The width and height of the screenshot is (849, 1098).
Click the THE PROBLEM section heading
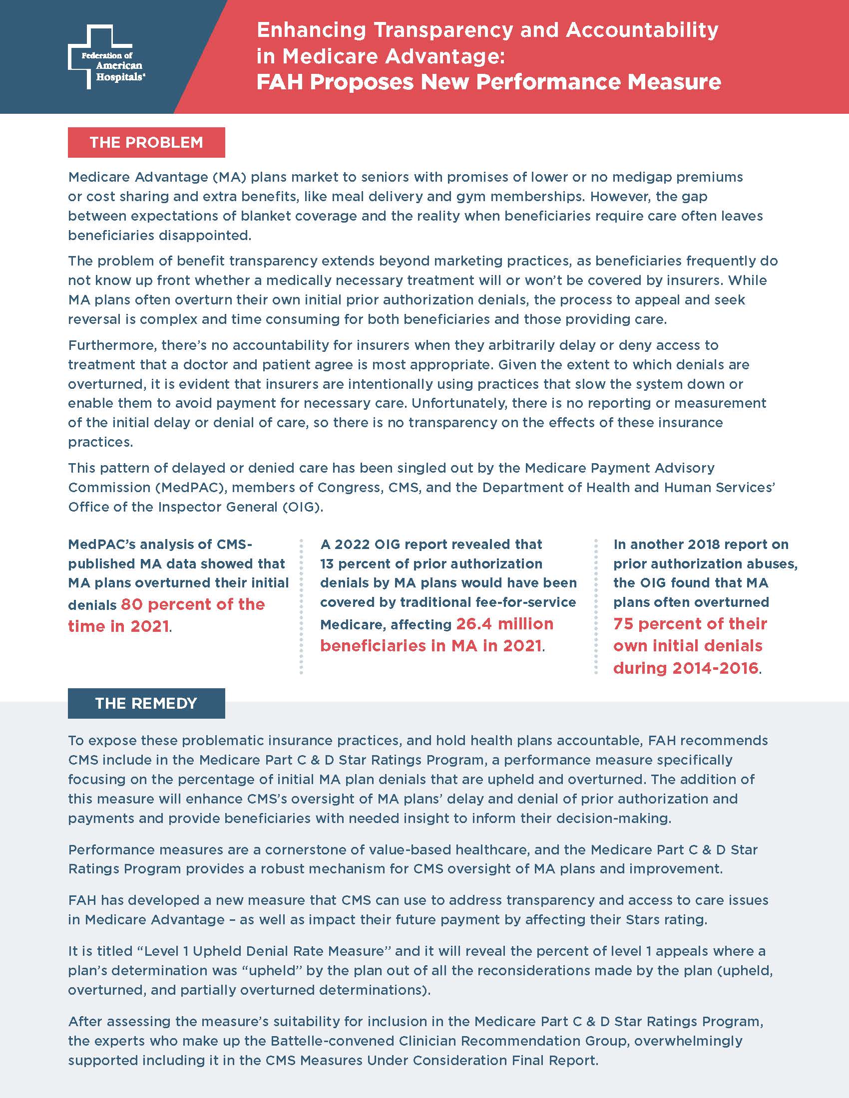coord(146,143)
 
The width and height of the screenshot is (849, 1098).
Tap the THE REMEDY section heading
coord(146,703)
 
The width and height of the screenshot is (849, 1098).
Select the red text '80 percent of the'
coord(193,604)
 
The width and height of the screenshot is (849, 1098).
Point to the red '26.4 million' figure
coord(504,624)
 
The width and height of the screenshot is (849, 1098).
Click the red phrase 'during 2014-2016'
coord(686,668)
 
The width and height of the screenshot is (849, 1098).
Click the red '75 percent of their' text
coord(690,624)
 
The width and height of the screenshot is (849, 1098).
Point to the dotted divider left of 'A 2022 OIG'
coord(301,606)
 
